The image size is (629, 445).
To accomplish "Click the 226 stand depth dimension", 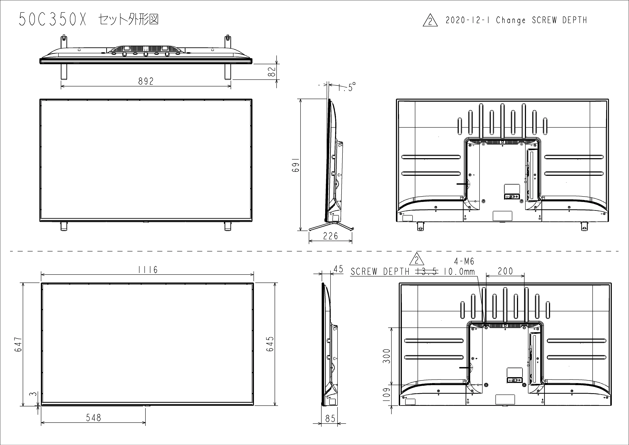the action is (330, 236).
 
